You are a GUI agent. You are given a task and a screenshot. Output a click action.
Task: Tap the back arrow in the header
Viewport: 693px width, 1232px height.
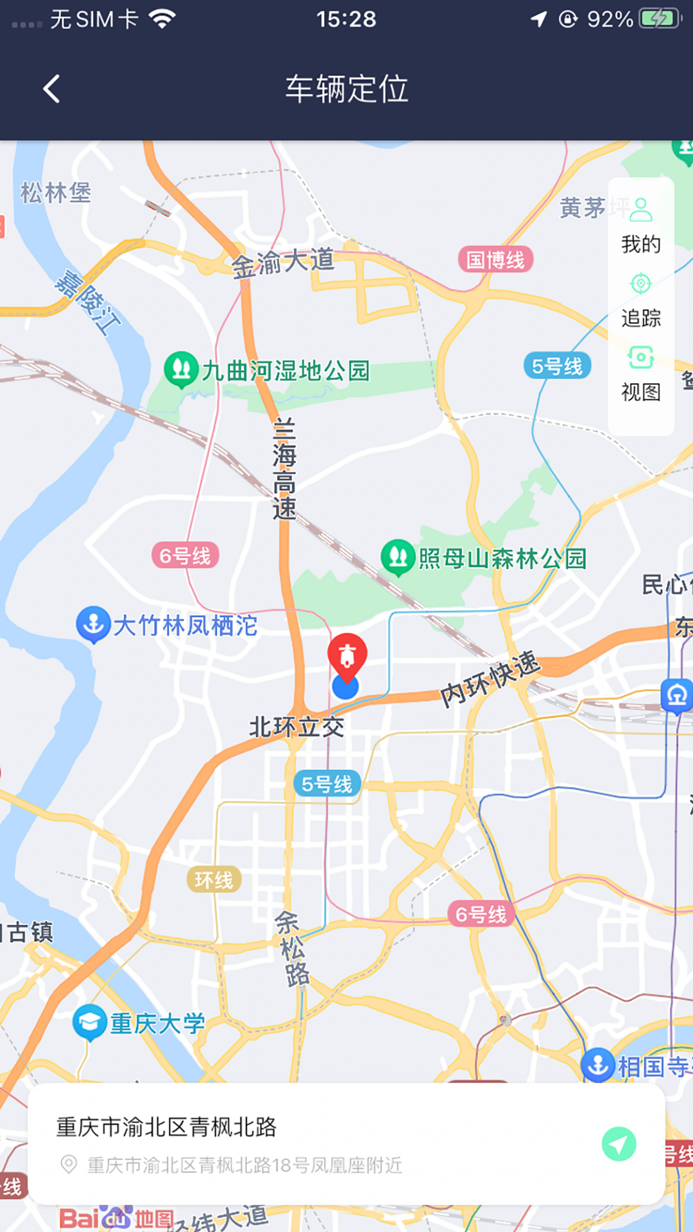coord(51,89)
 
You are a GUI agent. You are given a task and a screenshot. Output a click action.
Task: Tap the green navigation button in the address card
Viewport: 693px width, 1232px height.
coord(619,1144)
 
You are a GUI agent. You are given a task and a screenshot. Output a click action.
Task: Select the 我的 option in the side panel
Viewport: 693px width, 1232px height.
coord(640,225)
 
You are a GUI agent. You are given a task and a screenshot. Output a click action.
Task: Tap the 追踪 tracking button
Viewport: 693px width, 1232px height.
coord(640,299)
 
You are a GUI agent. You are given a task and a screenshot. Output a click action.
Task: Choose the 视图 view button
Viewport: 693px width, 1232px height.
coord(640,373)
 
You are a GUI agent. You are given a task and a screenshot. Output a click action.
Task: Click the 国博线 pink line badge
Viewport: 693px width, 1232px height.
coord(495,260)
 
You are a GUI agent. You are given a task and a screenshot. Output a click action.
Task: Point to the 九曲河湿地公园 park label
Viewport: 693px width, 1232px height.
coord(286,371)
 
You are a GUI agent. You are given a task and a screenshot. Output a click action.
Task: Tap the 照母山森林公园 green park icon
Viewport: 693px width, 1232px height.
coord(398,557)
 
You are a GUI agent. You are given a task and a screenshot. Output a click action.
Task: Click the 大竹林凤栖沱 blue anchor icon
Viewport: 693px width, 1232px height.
coord(93,624)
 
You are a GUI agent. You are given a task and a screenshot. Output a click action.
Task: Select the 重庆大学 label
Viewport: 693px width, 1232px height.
coord(158,1023)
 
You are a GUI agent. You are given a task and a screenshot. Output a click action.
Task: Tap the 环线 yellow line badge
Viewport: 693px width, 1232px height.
coord(214,880)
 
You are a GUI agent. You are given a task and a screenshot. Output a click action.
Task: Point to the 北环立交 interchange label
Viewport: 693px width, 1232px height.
coord(296,727)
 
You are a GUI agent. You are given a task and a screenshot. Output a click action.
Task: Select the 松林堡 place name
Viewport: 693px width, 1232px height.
coord(56,193)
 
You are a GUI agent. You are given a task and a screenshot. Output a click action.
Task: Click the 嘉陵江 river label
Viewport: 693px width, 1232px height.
coord(88,302)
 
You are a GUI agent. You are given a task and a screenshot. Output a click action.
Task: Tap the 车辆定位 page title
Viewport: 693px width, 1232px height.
coord(346,89)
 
